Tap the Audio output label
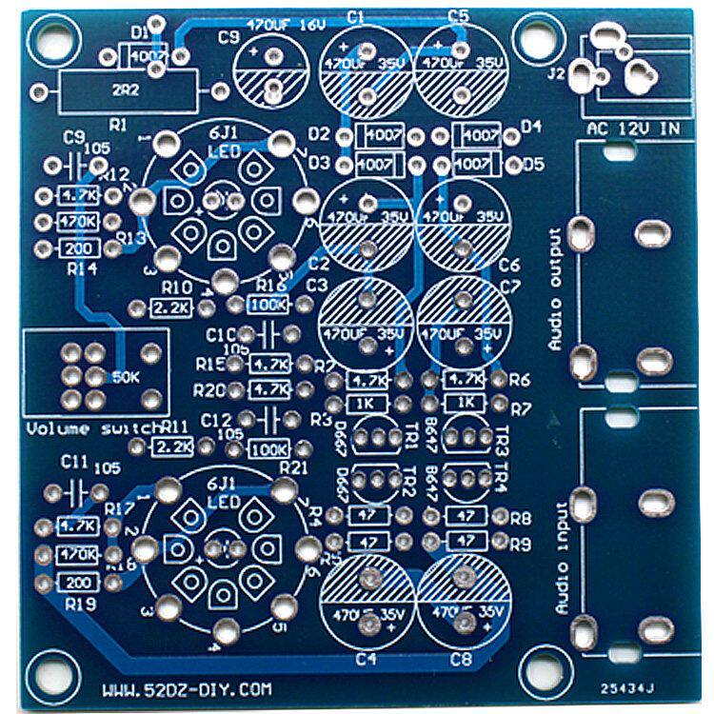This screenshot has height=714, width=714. coord(557,289)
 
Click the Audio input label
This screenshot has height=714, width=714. coord(561,557)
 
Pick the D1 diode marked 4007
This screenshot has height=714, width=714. coord(147,55)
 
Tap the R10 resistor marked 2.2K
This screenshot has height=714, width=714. coord(172,307)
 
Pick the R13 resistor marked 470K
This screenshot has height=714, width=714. coord(79,223)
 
